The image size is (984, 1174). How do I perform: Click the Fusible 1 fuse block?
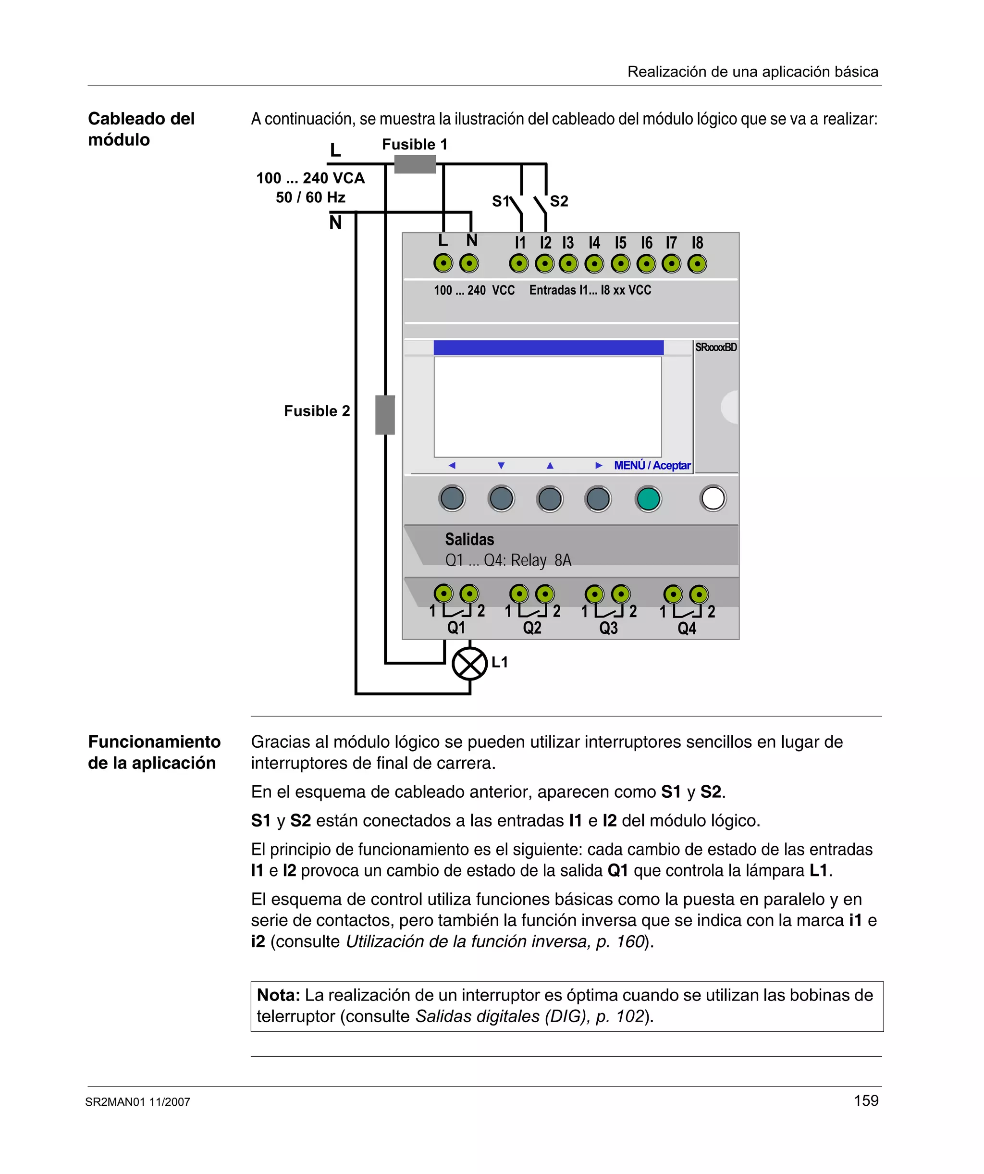(x=415, y=164)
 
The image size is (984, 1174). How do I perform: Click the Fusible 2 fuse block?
(x=385, y=414)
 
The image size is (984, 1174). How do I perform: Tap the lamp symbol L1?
(x=469, y=664)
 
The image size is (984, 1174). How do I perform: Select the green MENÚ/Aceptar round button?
(x=648, y=499)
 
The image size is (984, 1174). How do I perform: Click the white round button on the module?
(x=713, y=498)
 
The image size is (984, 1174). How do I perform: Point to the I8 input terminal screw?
(x=697, y=263)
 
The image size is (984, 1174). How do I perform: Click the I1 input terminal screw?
(x=519, y=263)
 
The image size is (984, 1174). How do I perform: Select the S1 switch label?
(x=500, y=201)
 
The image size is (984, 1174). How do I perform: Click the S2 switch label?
(x=559, y=201)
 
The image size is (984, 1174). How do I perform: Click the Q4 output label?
(x=687, y=629)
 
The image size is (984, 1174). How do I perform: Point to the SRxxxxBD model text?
(x=715, y=347)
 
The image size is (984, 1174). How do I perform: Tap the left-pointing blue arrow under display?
(x=452, y=465)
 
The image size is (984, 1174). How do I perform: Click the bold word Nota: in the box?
(x=278, y=995)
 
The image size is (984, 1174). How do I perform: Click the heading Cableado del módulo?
(x=141, y=129)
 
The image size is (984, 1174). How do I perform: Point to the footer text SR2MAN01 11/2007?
(x=137, y=1102)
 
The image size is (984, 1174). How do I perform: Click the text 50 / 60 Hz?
(x=310, y=198)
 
